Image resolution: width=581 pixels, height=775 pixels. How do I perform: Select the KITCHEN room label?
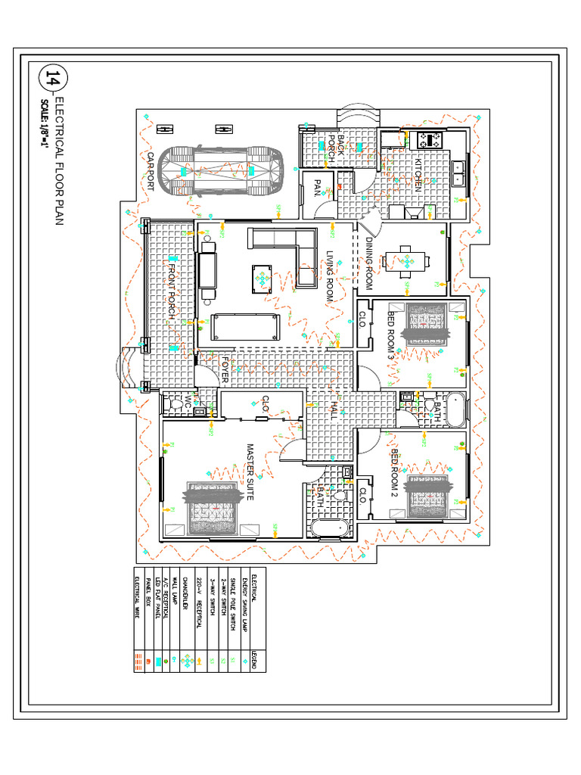click(417, 174)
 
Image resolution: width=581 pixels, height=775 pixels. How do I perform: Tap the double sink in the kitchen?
click(458, 174)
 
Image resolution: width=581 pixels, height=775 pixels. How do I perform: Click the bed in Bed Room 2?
click(430, 496)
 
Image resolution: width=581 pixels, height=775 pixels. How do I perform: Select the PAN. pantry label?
click(318, 187)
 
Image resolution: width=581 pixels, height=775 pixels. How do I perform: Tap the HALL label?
click(332, 411)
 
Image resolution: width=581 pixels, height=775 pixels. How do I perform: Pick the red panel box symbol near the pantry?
click(340, 185)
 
